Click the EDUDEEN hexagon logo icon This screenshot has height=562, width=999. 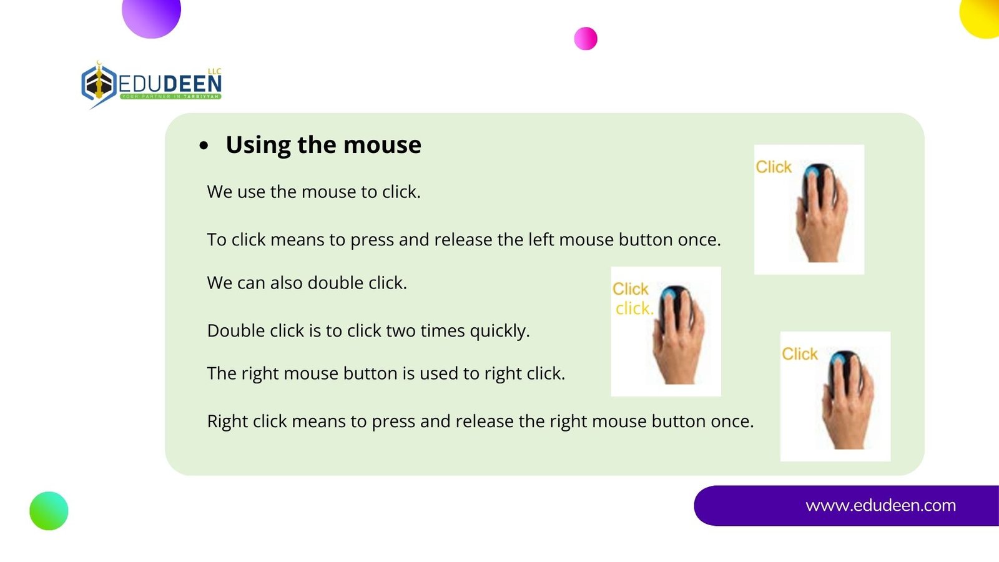(99, 84)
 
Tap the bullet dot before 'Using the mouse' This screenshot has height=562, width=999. (204, 145)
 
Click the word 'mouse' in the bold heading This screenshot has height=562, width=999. (382, 144)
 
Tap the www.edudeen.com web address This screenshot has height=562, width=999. (880, 505)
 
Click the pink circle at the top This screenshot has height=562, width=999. (586, 38)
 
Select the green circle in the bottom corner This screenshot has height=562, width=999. (49, 511)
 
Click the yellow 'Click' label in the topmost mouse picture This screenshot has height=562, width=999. (774, 167)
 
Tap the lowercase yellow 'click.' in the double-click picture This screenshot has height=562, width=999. (634, 308)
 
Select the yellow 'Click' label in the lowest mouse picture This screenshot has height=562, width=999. (800, 353)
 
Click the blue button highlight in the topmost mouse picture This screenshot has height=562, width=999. (812, 172)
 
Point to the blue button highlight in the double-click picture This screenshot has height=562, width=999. (669, 294)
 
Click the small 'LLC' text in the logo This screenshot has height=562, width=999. (215, 71)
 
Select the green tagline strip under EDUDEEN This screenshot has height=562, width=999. (170, 96)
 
